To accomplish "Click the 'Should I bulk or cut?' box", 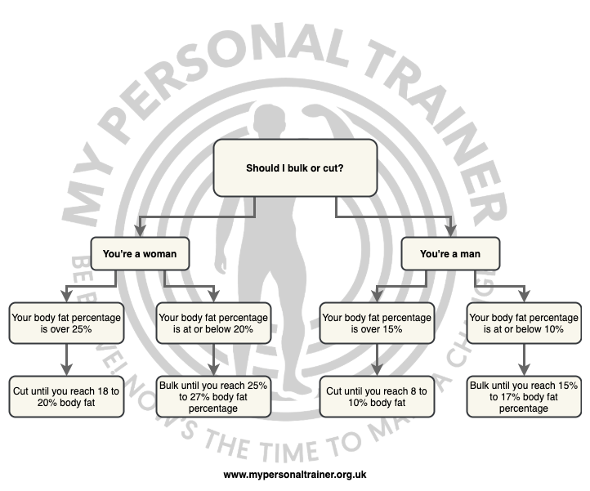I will pyautogui.click(x=295, y=168).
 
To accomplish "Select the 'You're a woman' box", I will pyautogui.click(x=140, y=254).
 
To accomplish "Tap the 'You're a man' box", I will pyautogui.click(x=450, y=254).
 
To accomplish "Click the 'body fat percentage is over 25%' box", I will pyautogui.click(x=66, y=323).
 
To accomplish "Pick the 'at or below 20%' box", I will pyautogui.click(x=213, y=323).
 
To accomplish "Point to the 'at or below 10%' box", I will pyautogui.click(x=524, y=323).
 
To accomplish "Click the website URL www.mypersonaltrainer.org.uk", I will pyautogui.click(x=295, y=474).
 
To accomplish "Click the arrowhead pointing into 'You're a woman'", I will pyautogui.click(x=140, y=232).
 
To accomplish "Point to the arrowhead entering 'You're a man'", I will pyautogui.click(x=450, y=232).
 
